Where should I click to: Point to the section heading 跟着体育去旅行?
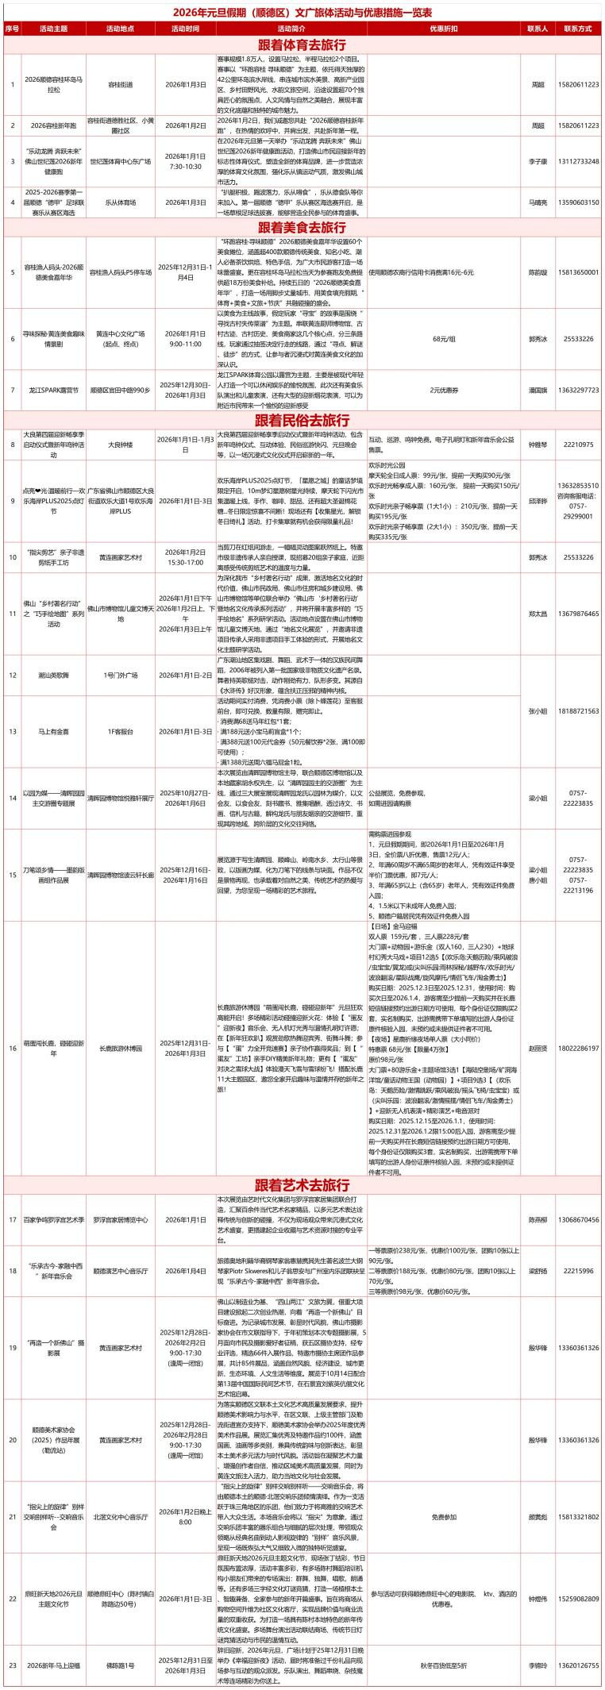click(302, 44)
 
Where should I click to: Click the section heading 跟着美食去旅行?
click(302, 227)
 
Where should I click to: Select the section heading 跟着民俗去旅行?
click(302, 420)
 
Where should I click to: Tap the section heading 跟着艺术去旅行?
click(302, 1184)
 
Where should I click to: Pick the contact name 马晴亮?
click(538, 202)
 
